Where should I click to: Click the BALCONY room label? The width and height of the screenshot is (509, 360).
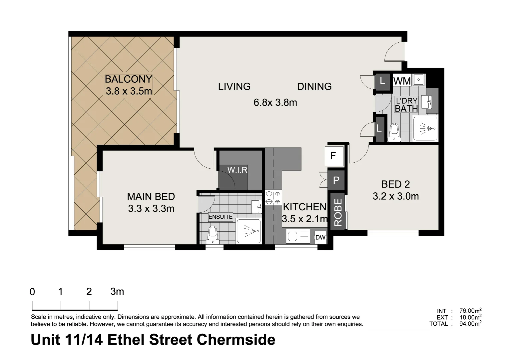coord(129,79)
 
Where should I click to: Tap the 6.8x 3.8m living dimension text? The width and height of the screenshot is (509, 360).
coord(275,102)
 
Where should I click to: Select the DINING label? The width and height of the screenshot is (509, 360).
coord(314,87)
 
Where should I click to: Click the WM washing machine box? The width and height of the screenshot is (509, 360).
coord(402,81)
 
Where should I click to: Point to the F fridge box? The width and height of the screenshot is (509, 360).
coord(333,156)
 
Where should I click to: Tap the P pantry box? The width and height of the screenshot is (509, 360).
coord(336,180)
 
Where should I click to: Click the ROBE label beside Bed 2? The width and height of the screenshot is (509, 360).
coord(338,212)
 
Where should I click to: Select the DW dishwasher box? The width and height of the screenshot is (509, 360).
coord(320,237)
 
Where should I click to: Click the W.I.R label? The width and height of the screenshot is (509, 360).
coord(237,170)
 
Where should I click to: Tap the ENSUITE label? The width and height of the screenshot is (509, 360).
coord(221,217)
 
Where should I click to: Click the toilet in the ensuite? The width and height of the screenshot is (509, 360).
coord(212,235)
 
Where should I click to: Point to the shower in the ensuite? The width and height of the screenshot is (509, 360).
coord(249,231)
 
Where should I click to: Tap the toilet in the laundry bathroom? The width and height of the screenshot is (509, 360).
coord(394,133)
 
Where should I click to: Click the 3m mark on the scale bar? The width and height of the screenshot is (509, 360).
coord(117,292)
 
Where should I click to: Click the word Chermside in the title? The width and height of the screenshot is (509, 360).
coord(236,340)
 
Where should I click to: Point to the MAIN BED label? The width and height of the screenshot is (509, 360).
coord(151,196)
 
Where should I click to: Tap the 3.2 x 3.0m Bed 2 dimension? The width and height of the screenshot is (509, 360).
coord(395,196)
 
